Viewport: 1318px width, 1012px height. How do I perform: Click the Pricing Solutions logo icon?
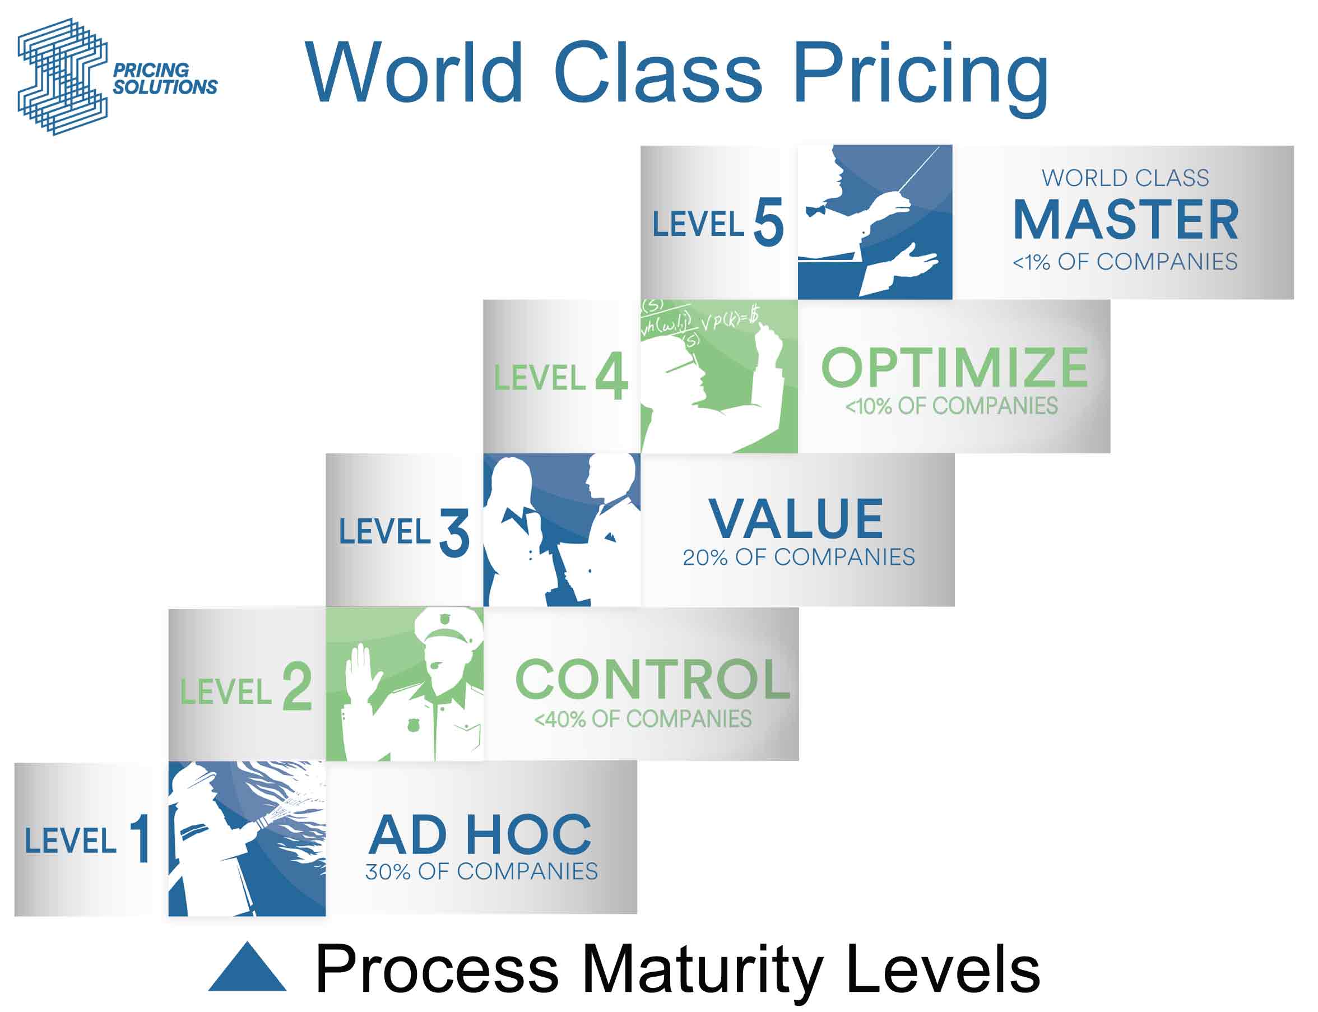[x=63, y=77]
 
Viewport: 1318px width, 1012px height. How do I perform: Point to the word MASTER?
[x=1125, y=220]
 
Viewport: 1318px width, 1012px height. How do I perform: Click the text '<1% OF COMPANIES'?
[x=1125, y=262]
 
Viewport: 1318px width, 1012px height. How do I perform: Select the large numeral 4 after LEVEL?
[x=611, y=377]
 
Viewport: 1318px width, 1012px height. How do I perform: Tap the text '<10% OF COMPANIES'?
[x=951, y=406]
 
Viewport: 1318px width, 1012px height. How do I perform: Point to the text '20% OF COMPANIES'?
[x=799, y=557]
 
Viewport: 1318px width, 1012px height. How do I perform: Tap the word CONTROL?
[x=652, y=680]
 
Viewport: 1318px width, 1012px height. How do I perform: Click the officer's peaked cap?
[x=448, y=628]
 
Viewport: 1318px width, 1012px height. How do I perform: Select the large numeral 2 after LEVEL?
[x=297, y=686]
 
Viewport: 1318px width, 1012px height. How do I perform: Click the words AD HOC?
[x=480, y=835]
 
